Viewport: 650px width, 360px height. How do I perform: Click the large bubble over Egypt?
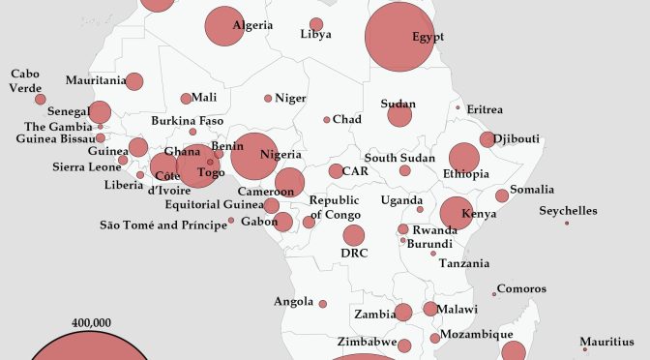(399, 38)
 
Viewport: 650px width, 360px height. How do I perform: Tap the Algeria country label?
(252, 25)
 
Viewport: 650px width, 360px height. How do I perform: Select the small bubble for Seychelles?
(567, 224)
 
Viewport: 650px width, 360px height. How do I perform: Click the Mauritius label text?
(607, 341)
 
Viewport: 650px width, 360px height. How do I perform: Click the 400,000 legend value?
(92, 322)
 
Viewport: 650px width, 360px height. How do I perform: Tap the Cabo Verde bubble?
(40, 99)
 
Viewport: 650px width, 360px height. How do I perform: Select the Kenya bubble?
(457, 213)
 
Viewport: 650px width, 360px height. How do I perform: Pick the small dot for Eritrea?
(458, 107)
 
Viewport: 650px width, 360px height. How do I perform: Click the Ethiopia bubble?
(463, 159)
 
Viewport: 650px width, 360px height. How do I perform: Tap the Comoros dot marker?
(494, 294)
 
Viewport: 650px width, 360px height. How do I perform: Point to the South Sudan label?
(395, 158)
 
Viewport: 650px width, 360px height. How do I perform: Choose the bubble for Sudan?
(399, 115)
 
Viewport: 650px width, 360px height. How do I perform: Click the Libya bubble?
(316, 24)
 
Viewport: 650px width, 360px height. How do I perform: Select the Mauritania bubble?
(134, 82)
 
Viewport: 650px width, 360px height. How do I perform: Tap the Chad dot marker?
(327, 120)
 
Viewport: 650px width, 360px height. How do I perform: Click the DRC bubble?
(354, 235)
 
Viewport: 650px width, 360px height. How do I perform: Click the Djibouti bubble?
(487, 139)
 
